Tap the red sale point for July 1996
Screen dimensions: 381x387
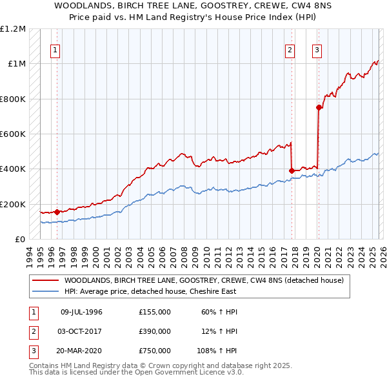(57, 212)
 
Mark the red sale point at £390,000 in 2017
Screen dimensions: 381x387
(292, 170)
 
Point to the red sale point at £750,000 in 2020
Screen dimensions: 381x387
(319, 108)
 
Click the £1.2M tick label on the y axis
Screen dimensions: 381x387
(13, 29)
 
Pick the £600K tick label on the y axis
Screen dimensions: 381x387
(13, 134)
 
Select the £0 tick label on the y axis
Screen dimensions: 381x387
(21, 240)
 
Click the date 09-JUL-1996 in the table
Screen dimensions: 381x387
(81, 312)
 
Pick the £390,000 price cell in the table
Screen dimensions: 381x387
(154, 331)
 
